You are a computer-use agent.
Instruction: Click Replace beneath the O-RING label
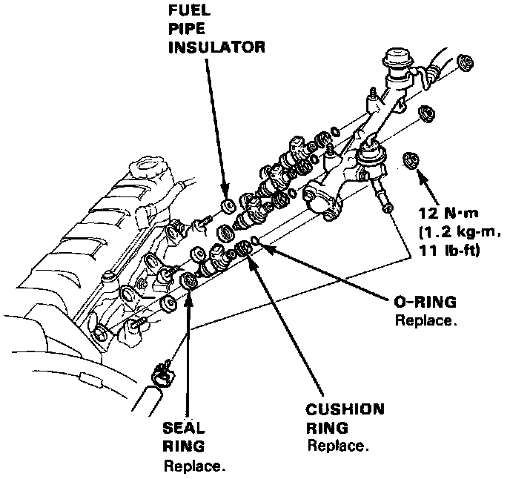pyautogui.click(x=425, y=323)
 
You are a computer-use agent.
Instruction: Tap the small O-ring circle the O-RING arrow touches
pyautogui.click(x=254, y=241)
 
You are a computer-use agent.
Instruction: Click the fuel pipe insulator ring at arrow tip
pyautogui.click(x=228, y=204)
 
